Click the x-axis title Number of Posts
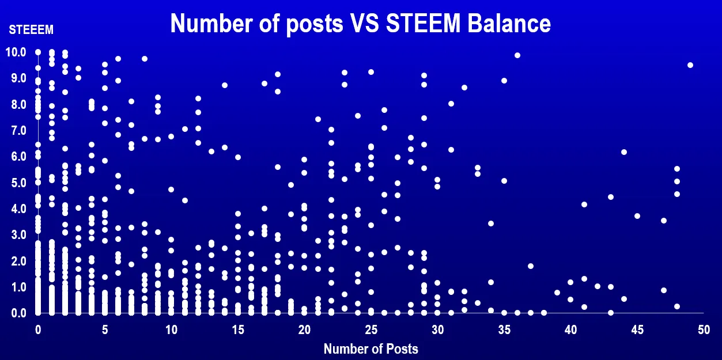(371, 348)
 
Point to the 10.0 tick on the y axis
(16, 52)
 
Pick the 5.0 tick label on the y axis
(16, 183)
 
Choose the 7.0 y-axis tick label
(16, 131)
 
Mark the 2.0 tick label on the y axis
(16, 262)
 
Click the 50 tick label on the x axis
(704, 330)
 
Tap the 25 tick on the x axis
(371, 330)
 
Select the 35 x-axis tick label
(504, 330)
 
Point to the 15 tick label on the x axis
(237, 330)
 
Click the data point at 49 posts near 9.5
(690, 65)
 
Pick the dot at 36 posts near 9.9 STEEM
(517, 55)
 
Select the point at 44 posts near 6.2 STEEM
(623, 152)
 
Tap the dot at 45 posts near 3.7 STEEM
(637, 216)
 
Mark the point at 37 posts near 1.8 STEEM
(531, 266)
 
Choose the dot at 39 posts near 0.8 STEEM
(557, 293)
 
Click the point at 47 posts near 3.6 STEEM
(664, 221)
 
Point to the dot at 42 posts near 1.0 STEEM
(598, 286)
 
